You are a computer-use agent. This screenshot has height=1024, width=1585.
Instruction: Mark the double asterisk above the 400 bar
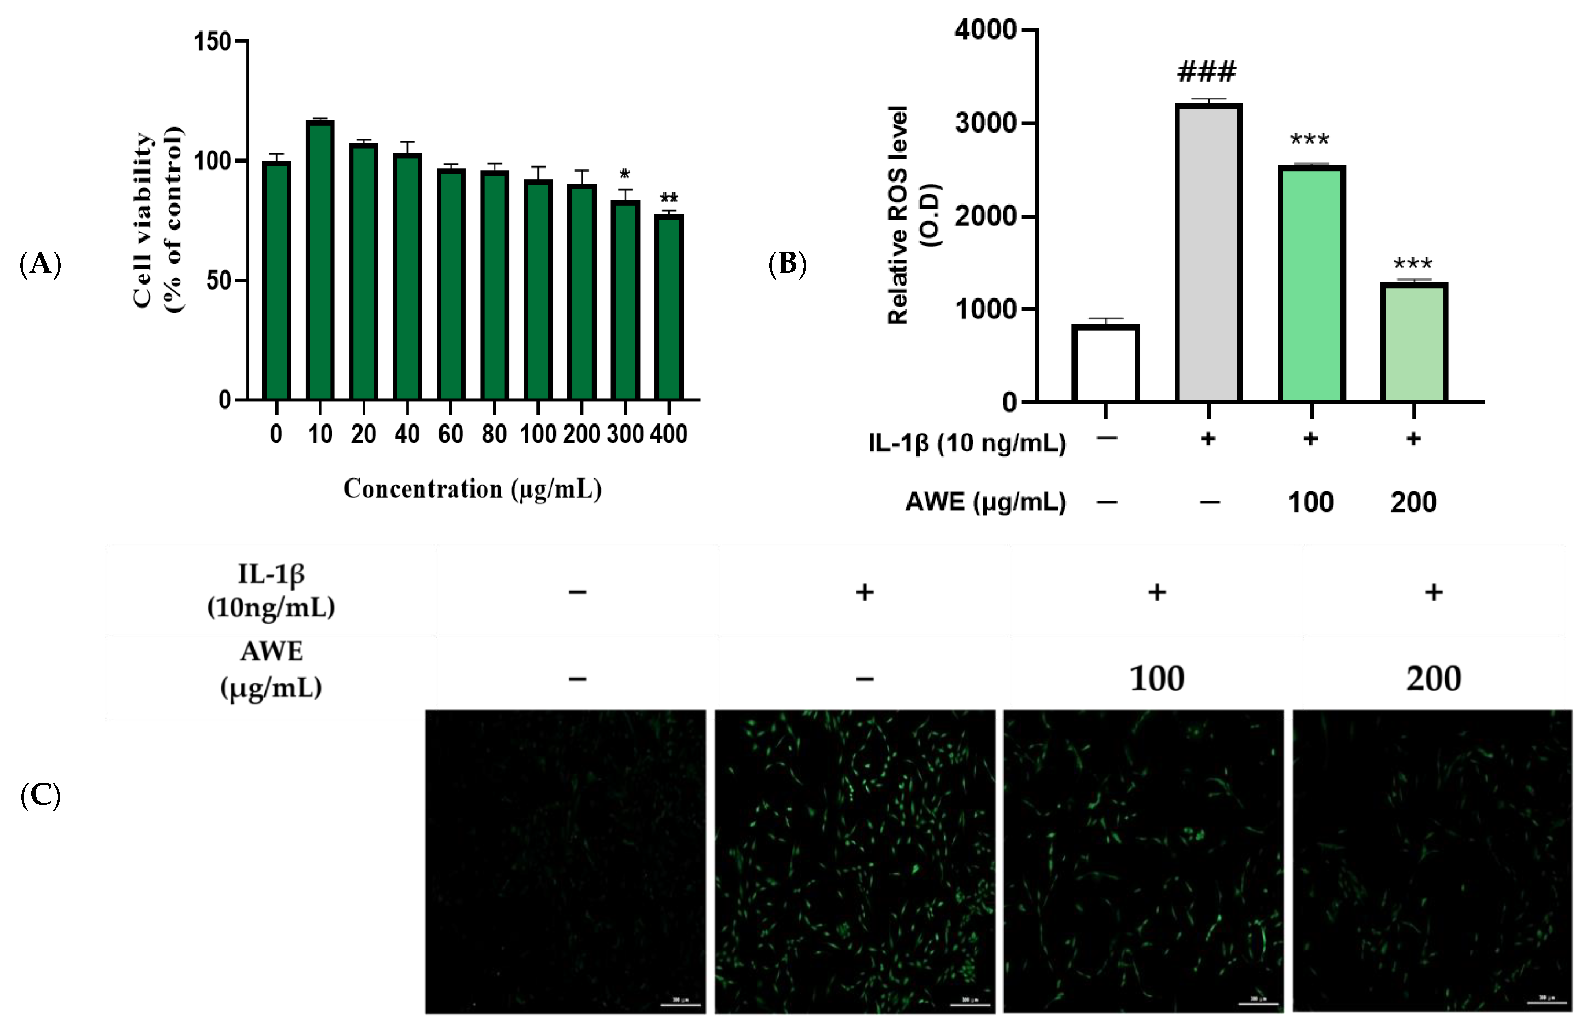[669, 198]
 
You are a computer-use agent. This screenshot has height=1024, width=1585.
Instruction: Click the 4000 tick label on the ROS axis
[985, 30]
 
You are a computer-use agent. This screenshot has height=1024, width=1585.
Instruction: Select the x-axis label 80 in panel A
[494, 434]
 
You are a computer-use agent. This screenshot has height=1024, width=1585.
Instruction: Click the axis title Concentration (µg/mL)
[472, 489]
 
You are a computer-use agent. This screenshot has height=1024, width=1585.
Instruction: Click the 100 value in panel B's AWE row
[1310, 502]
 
